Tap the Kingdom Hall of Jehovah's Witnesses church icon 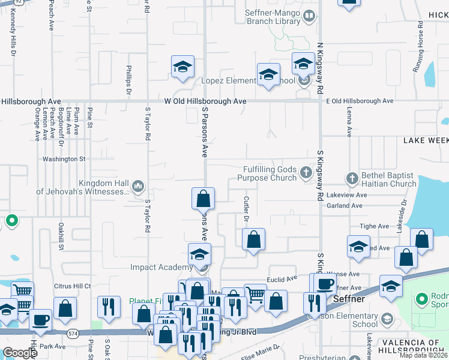click(138, 187)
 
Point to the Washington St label click(64, 159)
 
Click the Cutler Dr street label click(246, 209)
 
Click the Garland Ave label click(345, 205)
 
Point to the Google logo click(20, 353)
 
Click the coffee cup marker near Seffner click(325, 284)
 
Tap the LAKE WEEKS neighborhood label click(425, 140)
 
